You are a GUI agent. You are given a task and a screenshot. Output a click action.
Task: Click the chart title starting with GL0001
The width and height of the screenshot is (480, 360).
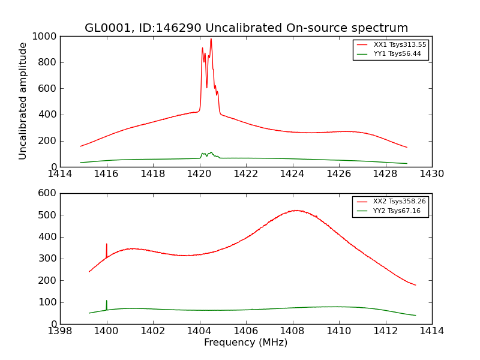[246, 28]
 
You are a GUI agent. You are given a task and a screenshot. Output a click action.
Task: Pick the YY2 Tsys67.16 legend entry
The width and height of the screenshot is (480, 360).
[397, 211]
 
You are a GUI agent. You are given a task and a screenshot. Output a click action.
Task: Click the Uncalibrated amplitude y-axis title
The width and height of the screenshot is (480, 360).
[23, 101]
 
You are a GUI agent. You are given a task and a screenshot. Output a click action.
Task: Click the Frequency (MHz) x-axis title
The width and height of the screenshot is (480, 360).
[246, 343]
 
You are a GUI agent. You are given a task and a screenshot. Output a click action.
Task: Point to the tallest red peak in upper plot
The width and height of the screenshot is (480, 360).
[211, 40]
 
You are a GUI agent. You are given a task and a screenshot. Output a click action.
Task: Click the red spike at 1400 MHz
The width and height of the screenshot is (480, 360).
[107, 245]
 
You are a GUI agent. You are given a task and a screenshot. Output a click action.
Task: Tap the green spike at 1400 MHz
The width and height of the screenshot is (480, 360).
[107, 301]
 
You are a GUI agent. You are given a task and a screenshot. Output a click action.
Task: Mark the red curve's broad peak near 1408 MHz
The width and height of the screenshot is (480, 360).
[296, 211]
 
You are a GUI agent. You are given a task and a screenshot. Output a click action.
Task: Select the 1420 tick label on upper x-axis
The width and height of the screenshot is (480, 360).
[200, 174]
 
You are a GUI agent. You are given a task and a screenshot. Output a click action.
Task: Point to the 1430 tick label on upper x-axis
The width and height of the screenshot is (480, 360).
[431, 174]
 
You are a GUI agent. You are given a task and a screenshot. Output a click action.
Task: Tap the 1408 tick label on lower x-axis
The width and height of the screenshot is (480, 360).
[292, 331]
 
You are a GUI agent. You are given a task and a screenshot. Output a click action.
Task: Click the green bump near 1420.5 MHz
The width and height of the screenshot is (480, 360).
[211, 152]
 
